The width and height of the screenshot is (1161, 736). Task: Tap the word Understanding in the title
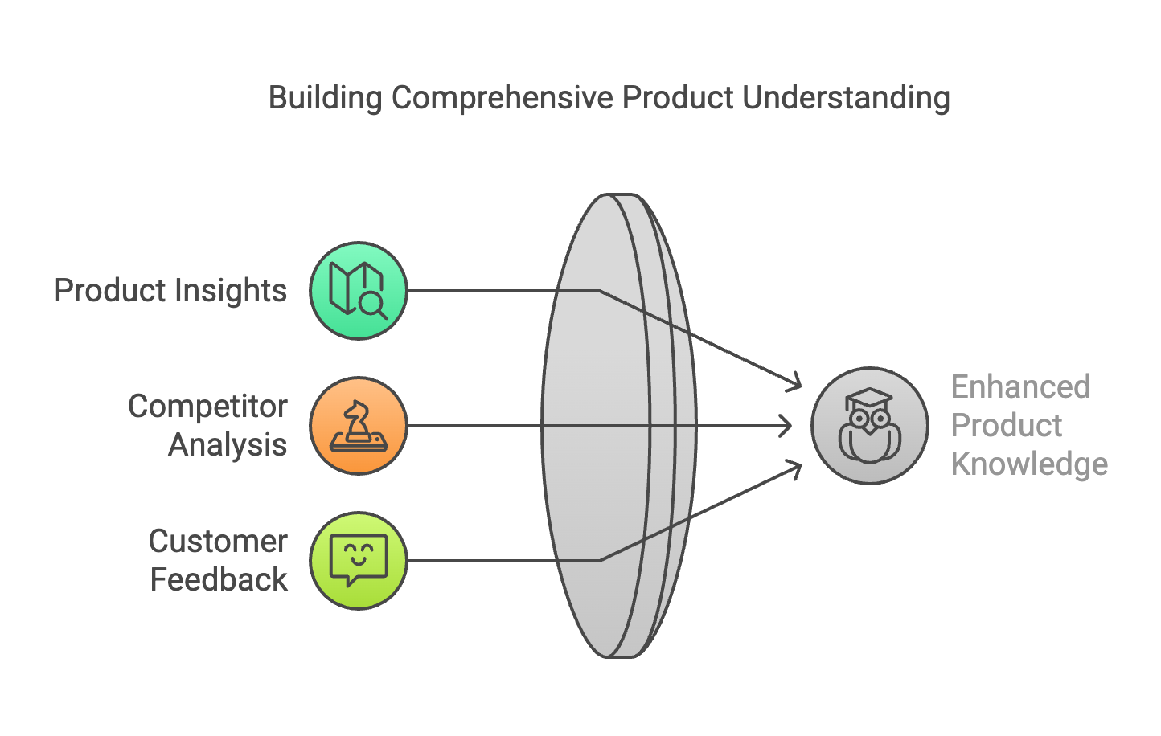tap(846, 98)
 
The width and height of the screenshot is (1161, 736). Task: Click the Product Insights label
tap(170, 290)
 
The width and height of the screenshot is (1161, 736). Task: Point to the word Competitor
tap(207, 407)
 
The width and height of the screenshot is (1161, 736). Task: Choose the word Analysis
tap(228, 444)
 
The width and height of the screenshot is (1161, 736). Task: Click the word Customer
tap(218, 542)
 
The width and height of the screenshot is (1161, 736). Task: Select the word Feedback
tap(219, 579)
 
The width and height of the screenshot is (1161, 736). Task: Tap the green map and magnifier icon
tap(359, 290)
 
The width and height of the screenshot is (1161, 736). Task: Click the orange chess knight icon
tap(359, 426)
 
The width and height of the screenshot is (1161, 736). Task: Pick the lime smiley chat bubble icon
tap(359, 561)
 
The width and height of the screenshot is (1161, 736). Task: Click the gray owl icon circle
tap(869, 426)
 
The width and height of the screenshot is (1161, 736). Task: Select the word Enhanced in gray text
tap(1020, 387)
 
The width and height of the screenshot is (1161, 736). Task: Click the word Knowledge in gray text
tap(1029, 464)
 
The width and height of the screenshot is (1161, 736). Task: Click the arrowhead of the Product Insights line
tap(796, 383)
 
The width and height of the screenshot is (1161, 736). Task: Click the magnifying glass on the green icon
tap(372, 305)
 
